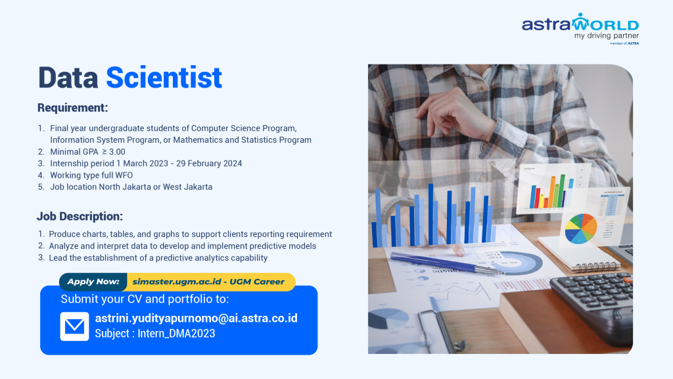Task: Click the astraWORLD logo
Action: coord(580,28)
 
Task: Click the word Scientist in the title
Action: coord(164,78)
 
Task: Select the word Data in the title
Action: coord(68,78)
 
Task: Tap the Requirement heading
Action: coord(72,107)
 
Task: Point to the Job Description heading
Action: coord(80,216)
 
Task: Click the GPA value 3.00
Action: coord(117,152)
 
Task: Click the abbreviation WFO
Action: coord(124,175)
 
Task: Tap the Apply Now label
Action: coord(93,282)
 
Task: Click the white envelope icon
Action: coord(75,326)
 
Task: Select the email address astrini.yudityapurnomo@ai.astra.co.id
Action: coord(196,318)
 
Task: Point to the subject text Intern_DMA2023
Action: coord(176,334)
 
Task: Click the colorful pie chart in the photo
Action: coord(581,228)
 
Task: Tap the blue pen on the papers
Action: coord(447,263)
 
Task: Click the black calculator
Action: coord(592,297)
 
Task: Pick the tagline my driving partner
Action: coord(607,36)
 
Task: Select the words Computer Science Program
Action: coord(244,128)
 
